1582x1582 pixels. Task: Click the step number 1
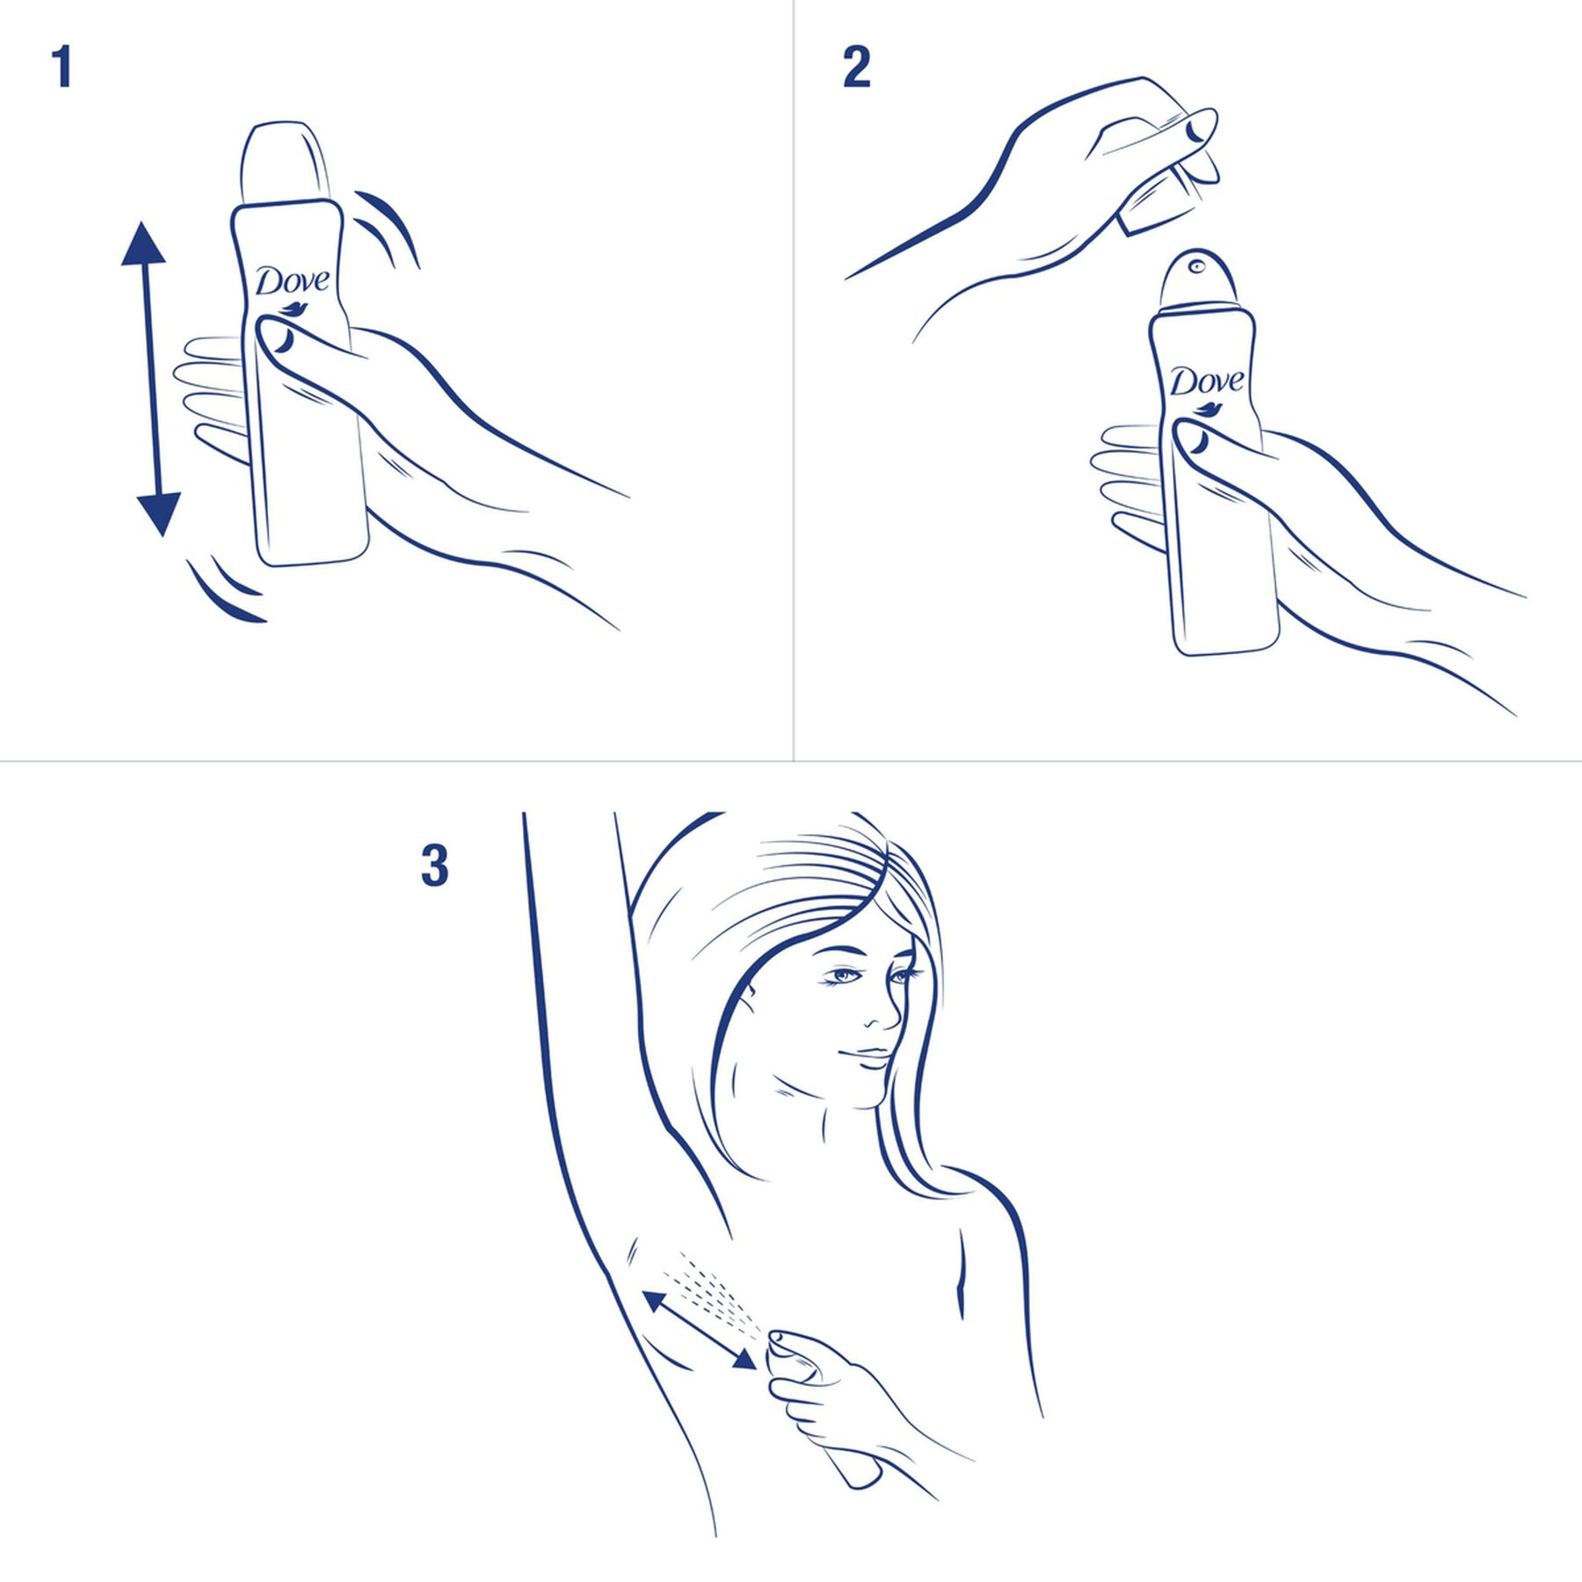pos(61,68)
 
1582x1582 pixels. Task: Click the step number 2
pos(855,68)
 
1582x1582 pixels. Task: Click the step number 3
pos(434,866)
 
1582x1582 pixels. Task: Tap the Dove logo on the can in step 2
pos(1208,381)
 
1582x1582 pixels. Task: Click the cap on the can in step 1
pos(284,163)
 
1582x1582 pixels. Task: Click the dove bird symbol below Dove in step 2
pos(1209,409)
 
